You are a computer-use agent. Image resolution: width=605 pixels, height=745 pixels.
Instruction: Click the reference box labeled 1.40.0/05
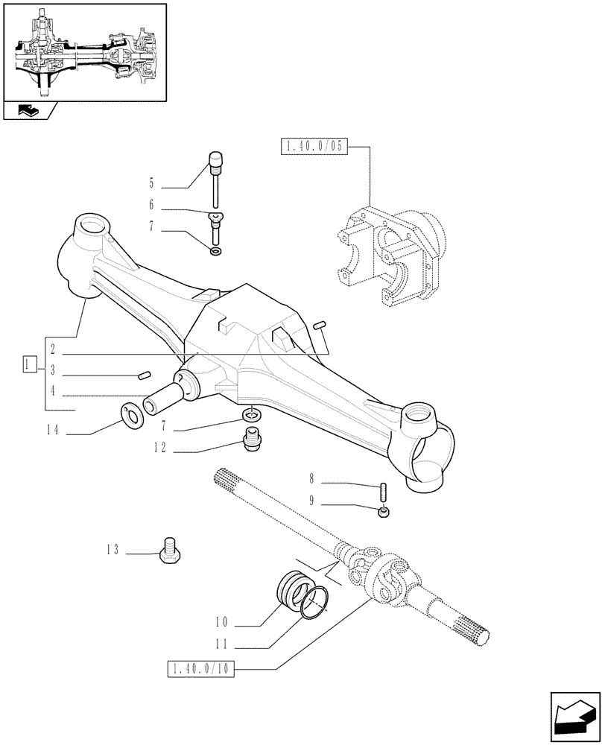[314, 147]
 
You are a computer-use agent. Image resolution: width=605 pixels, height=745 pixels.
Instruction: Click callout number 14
[51, 430]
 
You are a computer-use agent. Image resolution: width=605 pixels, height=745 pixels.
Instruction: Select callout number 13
[113, 550]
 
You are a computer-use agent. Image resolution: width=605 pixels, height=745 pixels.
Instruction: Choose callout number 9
[312, 500]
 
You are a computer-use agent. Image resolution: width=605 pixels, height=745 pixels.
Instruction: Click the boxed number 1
[28, 365]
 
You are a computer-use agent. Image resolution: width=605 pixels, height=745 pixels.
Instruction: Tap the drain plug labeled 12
[252, 440]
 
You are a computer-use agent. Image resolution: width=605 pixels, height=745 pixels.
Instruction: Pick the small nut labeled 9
[383, 512]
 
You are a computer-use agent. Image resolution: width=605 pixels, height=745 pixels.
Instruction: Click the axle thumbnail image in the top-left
[83, 52]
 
